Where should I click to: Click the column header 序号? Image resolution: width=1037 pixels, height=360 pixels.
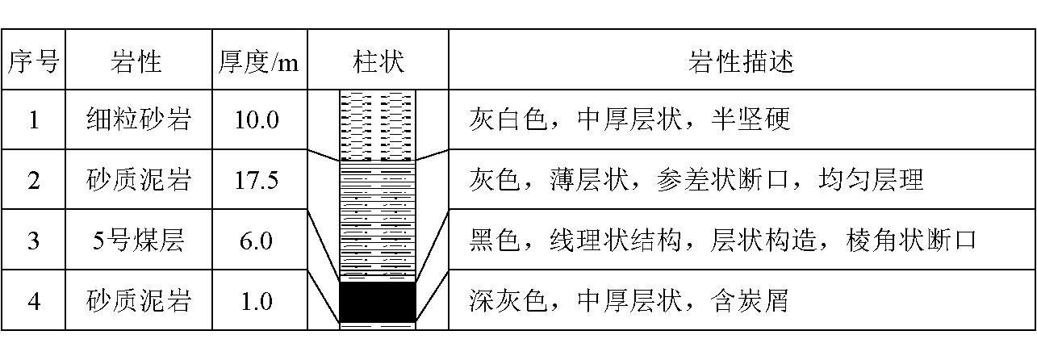pos(33,61)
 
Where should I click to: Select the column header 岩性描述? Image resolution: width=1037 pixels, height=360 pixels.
pos(741,61)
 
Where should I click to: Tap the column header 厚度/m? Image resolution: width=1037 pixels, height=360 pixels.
pos(259,61)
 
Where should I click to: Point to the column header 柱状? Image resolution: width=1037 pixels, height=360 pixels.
pos(378,61)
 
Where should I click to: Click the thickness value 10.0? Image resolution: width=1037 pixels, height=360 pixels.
pos(257,120)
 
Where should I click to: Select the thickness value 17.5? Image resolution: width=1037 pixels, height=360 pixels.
pos(257,180)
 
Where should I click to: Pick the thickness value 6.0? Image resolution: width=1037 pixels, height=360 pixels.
pos(256,241)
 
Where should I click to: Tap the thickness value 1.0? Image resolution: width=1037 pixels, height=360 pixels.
pos(257,301)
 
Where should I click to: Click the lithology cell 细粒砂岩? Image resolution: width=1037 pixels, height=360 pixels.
pos(139,119)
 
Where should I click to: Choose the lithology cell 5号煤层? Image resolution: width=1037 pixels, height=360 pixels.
pos(139,240)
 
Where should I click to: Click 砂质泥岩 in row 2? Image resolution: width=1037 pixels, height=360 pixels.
pos(139,180)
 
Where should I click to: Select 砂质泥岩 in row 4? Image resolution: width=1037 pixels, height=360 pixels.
pos(139,301)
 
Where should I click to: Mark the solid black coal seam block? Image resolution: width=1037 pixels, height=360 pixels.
pos(378,302)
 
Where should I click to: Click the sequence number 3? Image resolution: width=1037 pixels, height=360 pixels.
pos(33,241)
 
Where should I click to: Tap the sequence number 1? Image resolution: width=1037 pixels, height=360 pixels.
pos(33,120)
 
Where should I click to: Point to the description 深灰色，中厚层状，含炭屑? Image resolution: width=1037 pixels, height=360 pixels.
pos(628,301)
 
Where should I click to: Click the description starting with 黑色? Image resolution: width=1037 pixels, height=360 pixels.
pos(722,240)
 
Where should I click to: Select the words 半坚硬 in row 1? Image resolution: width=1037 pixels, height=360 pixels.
pos(750,119)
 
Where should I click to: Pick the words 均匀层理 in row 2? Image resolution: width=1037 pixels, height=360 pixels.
pos(871,180)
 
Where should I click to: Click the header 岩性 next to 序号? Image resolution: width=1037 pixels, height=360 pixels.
pos(136,61)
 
